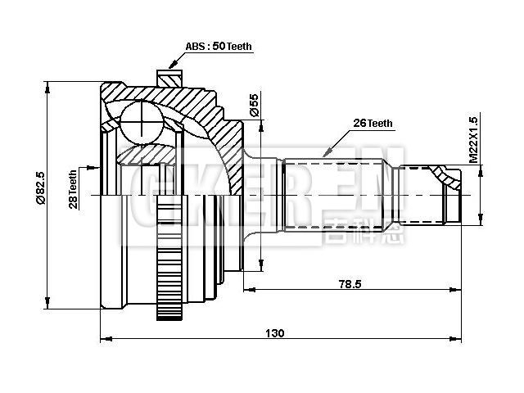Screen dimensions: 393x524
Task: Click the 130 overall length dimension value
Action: point(275,332)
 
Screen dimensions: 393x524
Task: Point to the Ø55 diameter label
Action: point(254,104)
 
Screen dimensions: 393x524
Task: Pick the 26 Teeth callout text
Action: point(373,124)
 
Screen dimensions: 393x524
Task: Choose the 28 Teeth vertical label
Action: point(73,191)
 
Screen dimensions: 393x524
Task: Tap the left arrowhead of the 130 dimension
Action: point(104,338)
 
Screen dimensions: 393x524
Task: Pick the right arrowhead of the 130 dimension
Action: point(468,338)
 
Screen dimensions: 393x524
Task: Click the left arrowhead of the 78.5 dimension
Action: point(248,289)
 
